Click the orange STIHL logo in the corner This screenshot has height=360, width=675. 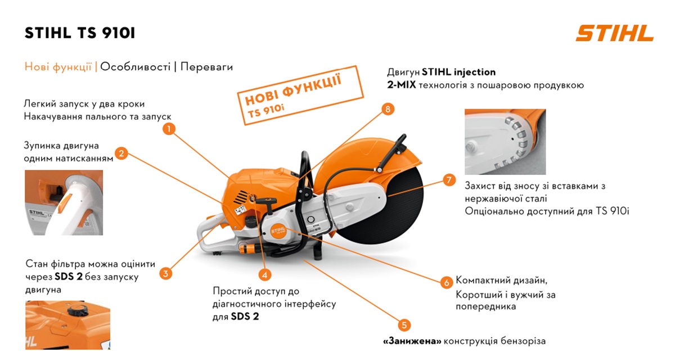(x=614, y=33)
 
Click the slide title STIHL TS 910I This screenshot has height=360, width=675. (x=80, y=33)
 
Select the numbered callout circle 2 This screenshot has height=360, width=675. (x=121, y=152)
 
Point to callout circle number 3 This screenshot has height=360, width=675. (x=165, y=274)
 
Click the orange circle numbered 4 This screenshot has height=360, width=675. (x=265, y=275)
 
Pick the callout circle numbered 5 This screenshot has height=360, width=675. (x=404, y=325)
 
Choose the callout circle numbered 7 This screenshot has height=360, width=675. (x=448, y=180)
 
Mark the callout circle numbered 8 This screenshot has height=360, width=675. (x=386, y=109)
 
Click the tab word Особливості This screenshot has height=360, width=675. (x=136, y=67)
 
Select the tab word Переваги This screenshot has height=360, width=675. (x=206, y=67)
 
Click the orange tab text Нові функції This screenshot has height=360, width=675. (x=58, y=67)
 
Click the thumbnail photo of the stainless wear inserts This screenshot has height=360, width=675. (x=505, y=141)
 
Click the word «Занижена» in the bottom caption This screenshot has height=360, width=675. (x=412, y=341)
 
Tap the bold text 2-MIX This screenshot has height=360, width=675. (x=400, y=85)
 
